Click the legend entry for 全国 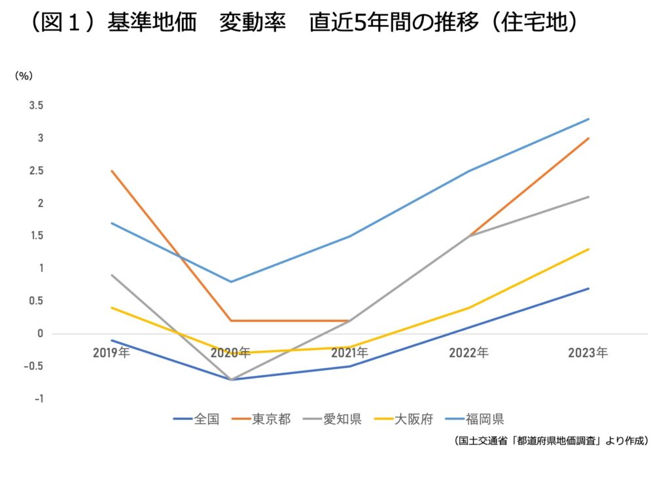[196, 419]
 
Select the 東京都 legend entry [261, 419]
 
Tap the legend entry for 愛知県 [332, 419]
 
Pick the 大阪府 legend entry [404, 419]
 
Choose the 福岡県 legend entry [475, 419]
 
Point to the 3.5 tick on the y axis [37, 105]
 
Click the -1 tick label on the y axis [39, 399]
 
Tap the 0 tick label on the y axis [41, 333]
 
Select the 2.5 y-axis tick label [37, 171]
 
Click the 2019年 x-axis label [111, 353]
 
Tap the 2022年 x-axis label [468, 353]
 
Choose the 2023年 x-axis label [588, 353]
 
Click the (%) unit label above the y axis [24, 76]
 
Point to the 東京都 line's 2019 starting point [111, 171]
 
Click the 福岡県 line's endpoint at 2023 [588, 119]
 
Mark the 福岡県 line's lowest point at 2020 [231, 282]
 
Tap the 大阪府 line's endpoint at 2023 [588, 249]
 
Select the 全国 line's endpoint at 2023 [588, 288]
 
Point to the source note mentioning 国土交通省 [551, 441]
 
